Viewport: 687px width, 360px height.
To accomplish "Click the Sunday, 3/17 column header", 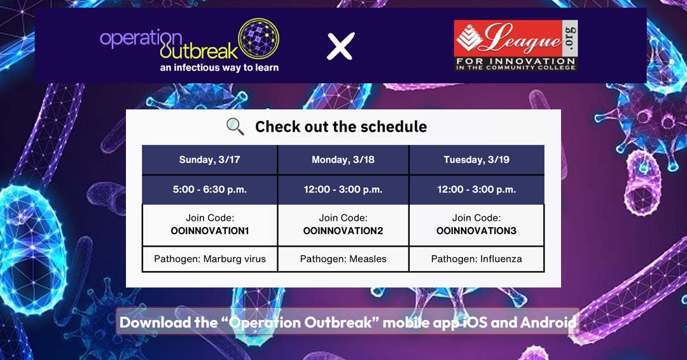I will tap(209, 160).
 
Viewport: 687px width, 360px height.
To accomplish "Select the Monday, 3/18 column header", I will tap(343, 160).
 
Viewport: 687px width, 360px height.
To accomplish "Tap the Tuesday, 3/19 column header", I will tap(476, 160).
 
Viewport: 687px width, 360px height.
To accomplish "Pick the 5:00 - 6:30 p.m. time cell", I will tap(209, 190).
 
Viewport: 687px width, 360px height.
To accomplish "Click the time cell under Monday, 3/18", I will tap(343, 190).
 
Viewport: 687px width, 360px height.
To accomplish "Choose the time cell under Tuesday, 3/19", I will tap(476, 190).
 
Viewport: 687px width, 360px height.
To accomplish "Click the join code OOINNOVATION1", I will tap(209, 231).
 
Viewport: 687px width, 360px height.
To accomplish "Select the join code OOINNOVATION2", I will tap(343, 231).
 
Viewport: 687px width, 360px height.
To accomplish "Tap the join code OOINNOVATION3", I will tap(476, 231).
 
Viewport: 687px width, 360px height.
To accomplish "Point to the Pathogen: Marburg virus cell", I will tap(209, 259).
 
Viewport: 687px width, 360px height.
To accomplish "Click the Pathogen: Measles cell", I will tap(343, 259).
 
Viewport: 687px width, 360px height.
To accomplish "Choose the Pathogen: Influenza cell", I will tap(476, 259).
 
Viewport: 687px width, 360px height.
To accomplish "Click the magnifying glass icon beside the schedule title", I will tap(235, 127).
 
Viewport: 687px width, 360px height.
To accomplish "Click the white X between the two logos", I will tap(340, 46).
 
